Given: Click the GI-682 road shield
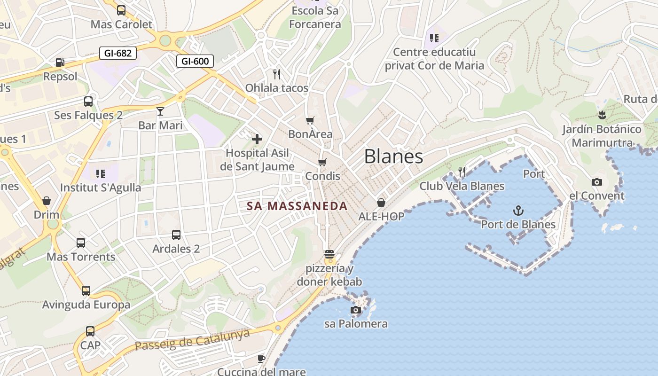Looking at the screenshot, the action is tap(118, 53).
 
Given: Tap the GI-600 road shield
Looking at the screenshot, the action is tap(195, 61).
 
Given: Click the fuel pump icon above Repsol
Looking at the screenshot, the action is tap(60, 62).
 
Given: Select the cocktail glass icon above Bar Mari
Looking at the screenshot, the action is tap(160, 111).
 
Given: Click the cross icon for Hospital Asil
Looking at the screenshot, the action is tap(257, 139).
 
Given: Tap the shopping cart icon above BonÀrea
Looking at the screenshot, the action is tap(310, 120).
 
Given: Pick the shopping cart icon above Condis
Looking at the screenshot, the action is tap(322, 162).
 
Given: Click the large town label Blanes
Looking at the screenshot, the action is tap(393, 157).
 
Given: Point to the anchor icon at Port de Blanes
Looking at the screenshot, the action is tap(518, 210).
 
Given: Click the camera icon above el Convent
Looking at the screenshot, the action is tap(597, 182).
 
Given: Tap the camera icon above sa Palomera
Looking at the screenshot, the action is tap(356, 310).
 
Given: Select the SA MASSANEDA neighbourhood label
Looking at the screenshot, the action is tap(297, 206).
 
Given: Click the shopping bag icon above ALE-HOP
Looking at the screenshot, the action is tap(381, 203).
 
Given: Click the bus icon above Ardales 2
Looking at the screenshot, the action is tap(176, 235).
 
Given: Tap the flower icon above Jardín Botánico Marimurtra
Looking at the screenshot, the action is tap(602, 115).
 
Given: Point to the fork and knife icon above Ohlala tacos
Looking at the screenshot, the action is tap(277, 74).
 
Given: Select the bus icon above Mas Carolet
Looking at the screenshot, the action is tap(121, 10).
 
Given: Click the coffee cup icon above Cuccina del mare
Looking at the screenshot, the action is tap(261, 359).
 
